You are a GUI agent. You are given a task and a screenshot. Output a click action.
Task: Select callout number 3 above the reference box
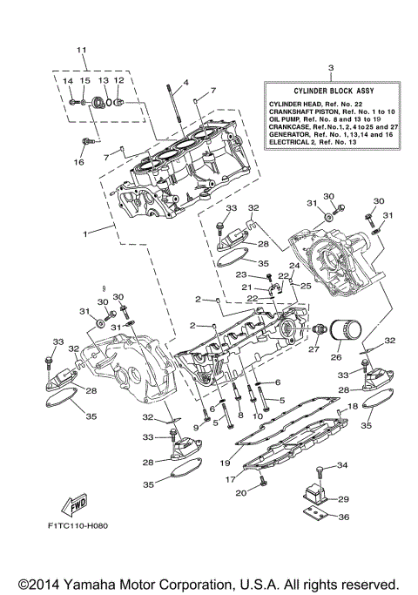[x=330, y=67]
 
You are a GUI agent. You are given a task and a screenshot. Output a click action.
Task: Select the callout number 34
[x=342, y=465]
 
